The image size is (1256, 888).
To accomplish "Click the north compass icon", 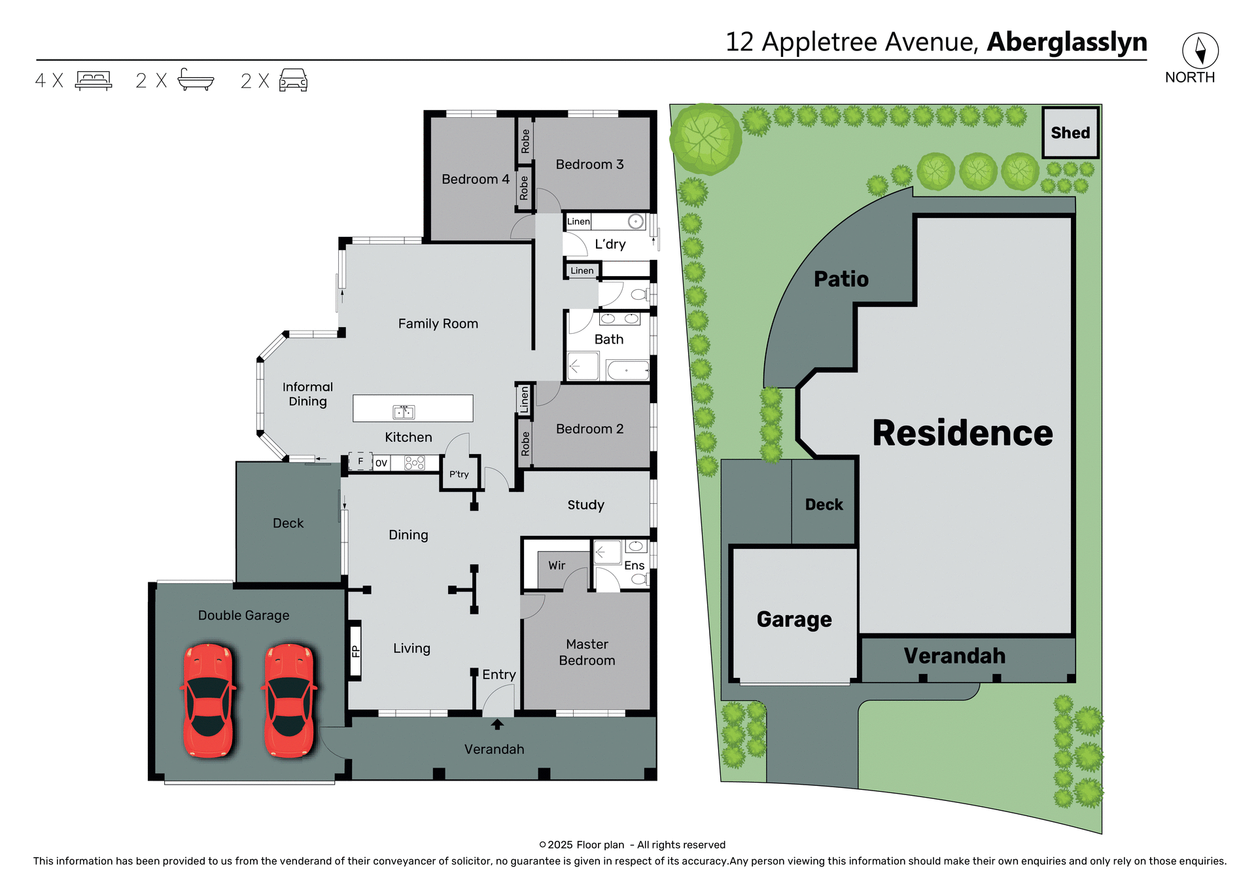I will coord(1200,50).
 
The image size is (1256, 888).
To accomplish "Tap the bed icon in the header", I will coord(94,80).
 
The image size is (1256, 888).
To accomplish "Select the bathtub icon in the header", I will coord(196,80).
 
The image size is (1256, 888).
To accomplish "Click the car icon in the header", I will coord(293,80).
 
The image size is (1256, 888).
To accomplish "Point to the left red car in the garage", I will coord(209,700).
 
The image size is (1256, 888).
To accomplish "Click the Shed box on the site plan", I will coord(1070,133).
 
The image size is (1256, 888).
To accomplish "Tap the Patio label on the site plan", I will coord(841,279).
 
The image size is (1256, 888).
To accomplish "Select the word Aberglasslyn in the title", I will coord(1066,42).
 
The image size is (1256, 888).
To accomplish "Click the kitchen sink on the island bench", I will coord(404,412).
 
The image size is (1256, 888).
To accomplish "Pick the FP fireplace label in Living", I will coord(355,651).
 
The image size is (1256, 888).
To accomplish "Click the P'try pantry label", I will coord(459,474).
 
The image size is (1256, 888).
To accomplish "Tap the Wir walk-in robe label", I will coord(557,565).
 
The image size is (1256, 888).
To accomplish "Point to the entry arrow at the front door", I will coord(497,724).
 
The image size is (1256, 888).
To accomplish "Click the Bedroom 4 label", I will coord(475,179).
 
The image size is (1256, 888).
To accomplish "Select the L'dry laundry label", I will coord(610,244).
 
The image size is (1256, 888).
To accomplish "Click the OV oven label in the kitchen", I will coord(381,463).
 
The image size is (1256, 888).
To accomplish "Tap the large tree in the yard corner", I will coord(705,138).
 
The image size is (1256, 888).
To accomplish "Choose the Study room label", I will coord(585,505).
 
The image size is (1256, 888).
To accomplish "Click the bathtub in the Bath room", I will coord(627,370).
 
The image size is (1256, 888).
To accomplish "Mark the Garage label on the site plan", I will coord(794,619).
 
